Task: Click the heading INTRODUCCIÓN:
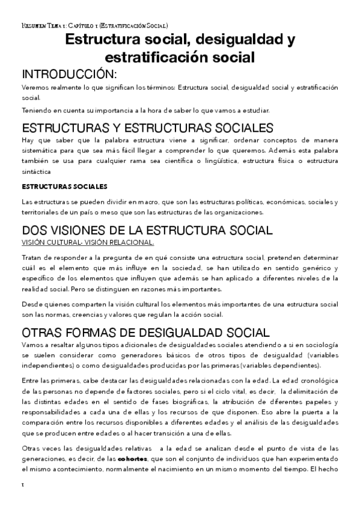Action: (68, 74)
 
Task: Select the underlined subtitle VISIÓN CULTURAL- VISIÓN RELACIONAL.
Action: (88, 242)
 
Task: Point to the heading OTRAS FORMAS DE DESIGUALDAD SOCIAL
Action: (145, 333)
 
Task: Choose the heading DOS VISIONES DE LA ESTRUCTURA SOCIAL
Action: (138, 230)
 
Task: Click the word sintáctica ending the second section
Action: (37, 171)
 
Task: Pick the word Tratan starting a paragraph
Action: (31, 257)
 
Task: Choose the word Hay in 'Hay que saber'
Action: (28, 140)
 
